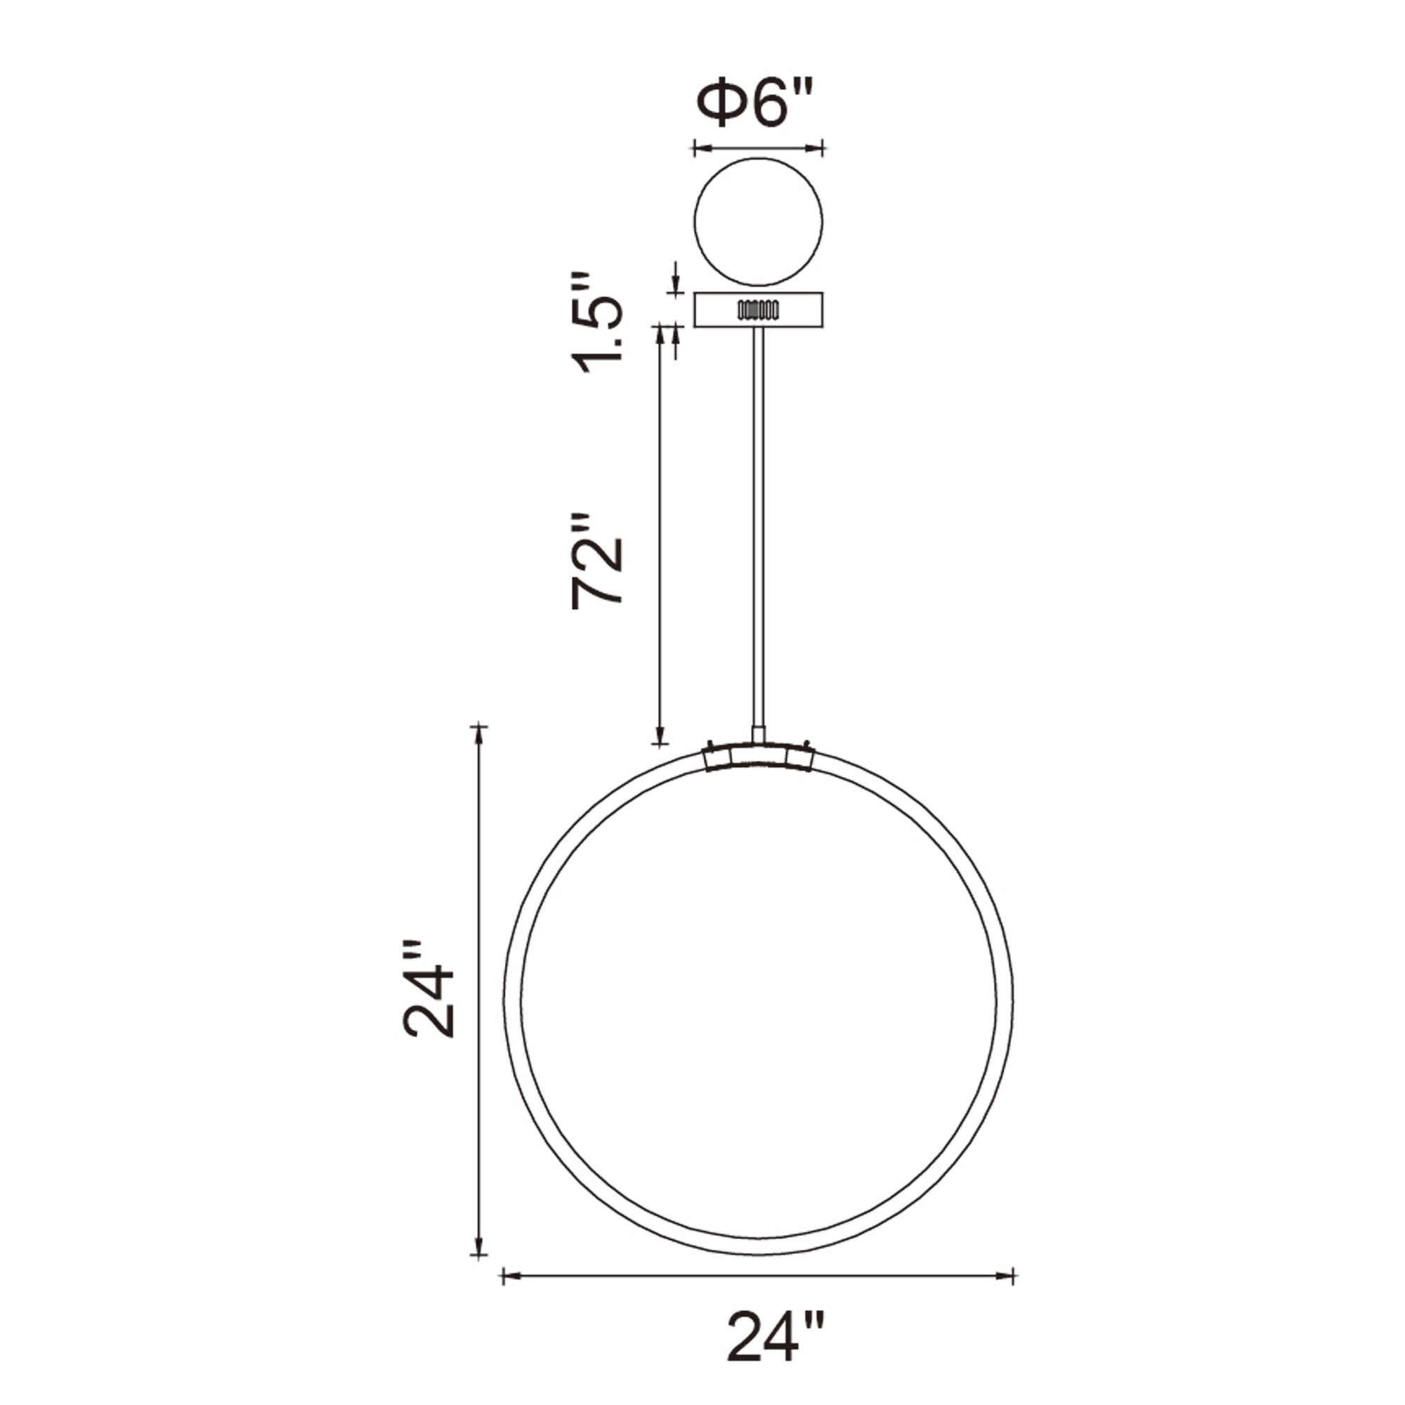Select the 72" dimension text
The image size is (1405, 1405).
(x=597, y=559)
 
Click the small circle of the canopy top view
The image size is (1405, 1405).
(x=758, y=222)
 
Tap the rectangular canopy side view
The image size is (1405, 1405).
(x=758, y=310)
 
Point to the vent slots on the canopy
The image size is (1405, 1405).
(x=758, y=311)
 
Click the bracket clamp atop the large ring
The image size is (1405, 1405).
(x=759, y=757)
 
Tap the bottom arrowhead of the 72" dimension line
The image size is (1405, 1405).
(x=660, y=735)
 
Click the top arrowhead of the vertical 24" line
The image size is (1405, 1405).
(x=478, y=735)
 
